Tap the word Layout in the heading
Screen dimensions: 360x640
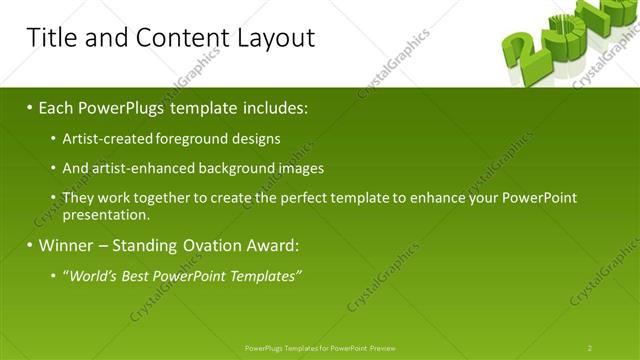[275, 38]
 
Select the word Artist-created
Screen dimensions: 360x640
[103, 139]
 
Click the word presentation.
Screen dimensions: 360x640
[106, 214]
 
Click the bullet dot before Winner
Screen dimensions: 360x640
[29, 245]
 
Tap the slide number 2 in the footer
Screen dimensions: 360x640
[590, 348]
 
